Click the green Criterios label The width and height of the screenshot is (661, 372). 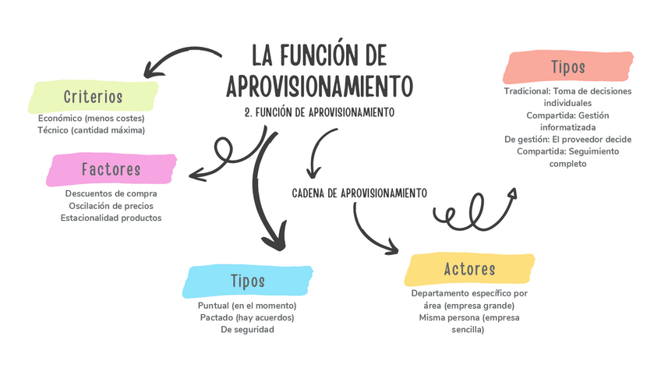[x=93, y=97]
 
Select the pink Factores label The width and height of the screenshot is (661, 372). [x=111, y=169]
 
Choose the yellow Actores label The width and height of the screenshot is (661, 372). [x=469, y=269]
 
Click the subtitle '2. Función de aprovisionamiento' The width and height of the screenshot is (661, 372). [x=319, y=112]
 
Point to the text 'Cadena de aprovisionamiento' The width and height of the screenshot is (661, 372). [x=359, y=192]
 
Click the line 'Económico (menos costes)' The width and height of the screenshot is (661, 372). [x=91, y=118]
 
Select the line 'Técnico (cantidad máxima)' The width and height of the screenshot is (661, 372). [x=91, y=129]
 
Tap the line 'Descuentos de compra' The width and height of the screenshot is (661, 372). [x=111, y=193]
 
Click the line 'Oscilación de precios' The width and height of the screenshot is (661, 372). [x=111, y=205]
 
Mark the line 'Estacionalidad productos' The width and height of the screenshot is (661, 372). [x=111, y=218]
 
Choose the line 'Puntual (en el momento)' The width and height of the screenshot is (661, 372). [x=247, y=305]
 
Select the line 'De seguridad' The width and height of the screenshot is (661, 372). [x=247, y=329]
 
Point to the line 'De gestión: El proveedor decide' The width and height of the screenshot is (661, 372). [x=567, y=139]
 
